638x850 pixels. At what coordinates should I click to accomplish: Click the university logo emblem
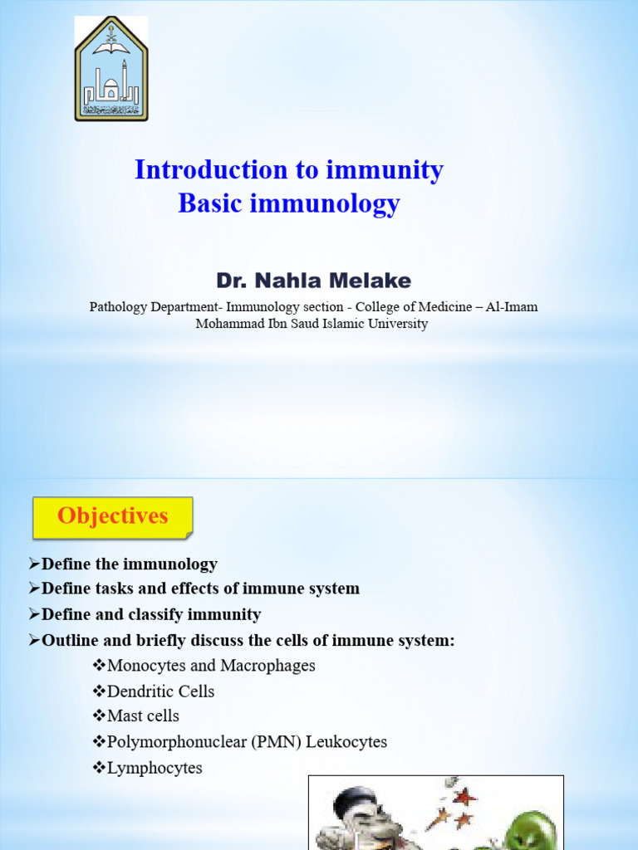111,69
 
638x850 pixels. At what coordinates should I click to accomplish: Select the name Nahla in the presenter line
285,280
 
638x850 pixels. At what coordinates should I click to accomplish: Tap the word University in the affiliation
399,324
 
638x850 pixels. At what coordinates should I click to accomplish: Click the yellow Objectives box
112,516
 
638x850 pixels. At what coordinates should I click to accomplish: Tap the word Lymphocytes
155,768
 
